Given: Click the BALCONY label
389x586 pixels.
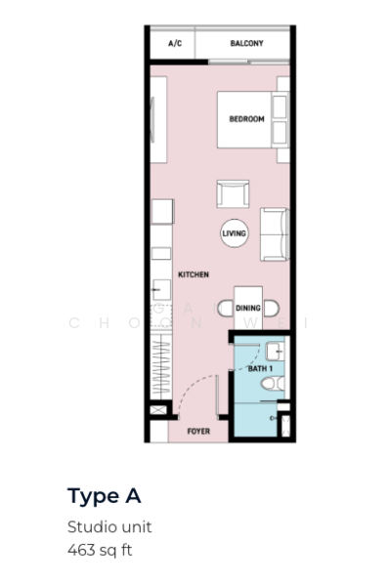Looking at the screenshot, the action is coord(246,43).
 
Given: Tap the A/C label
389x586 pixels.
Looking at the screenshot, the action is coord(175,43).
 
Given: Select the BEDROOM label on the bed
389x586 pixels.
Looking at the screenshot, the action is coord(246,119).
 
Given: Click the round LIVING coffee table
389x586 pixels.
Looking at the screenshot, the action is coord(235,233).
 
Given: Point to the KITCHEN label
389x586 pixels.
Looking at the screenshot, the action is coord(194,274).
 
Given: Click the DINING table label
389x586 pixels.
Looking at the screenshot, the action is coord(248,308).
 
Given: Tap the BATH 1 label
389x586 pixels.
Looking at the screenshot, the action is coord(260,369).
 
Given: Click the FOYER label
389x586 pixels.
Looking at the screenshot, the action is coord(198,432).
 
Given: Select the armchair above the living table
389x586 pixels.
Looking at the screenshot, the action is coord(233,194).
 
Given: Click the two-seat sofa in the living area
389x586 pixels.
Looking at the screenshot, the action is coord(275,234).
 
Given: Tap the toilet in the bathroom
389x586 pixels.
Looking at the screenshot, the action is coord(273,384).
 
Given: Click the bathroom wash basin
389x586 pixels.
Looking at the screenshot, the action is coord(275,352).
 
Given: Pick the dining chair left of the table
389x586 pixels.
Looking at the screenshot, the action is coord(226,309).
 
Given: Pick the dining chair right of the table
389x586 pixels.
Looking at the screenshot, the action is coord(271,309).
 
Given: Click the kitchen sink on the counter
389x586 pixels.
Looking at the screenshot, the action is coord(161,290).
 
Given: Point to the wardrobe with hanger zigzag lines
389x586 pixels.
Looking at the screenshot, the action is coord(161,366).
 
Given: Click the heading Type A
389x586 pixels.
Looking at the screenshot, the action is coord(105,497).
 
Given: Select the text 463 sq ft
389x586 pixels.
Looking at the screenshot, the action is coord(100,550).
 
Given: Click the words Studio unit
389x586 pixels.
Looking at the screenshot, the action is coord(109,527).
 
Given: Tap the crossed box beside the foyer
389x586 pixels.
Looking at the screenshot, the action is coord(158,410).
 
